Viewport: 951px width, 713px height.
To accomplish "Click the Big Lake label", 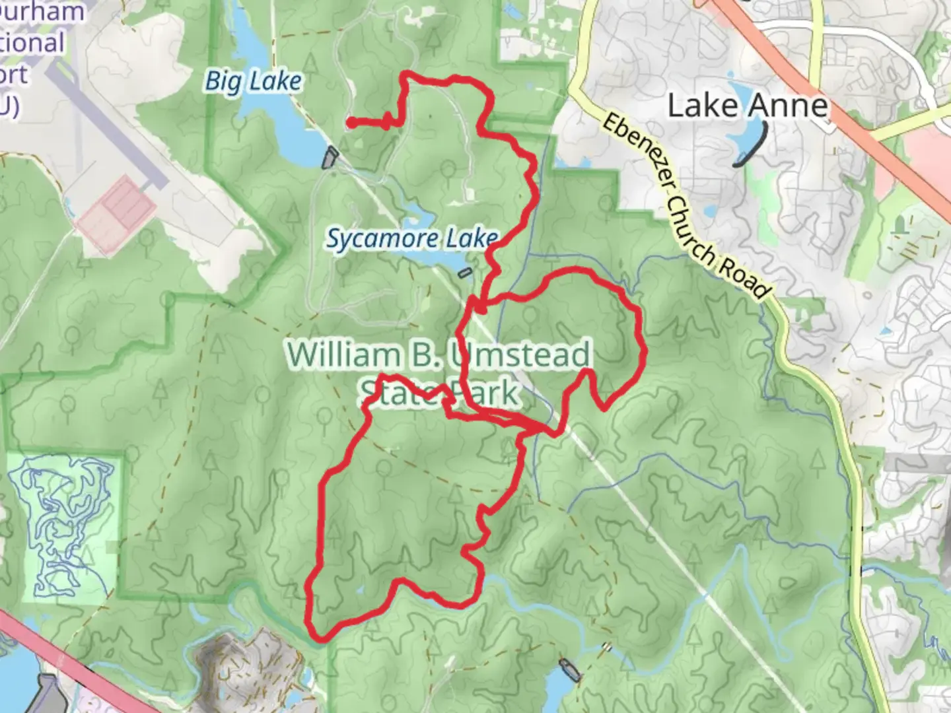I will point(254,82).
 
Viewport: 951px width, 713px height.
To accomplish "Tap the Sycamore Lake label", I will point(411,238).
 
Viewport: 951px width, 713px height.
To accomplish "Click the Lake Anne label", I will point(748,106).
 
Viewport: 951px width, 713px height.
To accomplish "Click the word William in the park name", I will point(343,355).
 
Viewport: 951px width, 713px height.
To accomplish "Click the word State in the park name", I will point(397,393).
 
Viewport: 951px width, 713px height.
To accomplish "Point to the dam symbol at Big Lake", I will point(330,158).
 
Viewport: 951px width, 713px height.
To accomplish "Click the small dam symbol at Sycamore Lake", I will point(466,272).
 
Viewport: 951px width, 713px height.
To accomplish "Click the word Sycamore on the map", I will point(382,239).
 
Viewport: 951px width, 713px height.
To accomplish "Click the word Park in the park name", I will point(485,393).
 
